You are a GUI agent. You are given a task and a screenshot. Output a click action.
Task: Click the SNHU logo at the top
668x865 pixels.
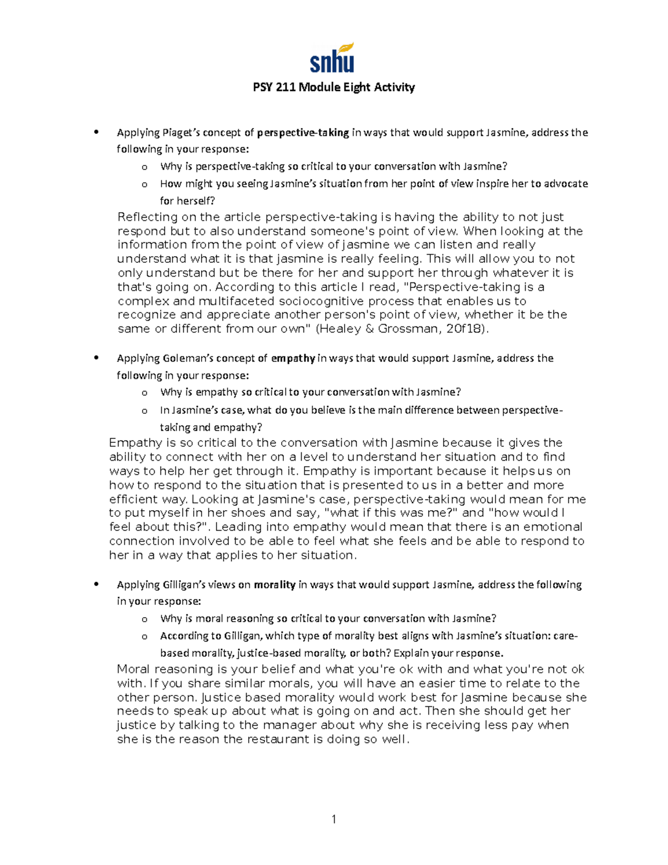tap(332, 58)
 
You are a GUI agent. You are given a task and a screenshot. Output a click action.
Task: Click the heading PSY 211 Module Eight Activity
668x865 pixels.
tap(333, 87)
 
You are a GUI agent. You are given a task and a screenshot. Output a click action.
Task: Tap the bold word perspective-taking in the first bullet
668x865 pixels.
tap(303, 133)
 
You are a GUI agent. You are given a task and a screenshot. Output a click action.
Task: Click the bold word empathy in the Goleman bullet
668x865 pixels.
tap(293, 358)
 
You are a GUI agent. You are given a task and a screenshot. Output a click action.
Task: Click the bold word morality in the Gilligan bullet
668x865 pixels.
tap(274, 585)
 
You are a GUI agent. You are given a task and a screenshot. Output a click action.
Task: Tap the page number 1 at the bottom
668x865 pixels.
tap(333, 819)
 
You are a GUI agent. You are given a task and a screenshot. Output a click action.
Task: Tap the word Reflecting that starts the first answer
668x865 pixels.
tap(148, 217)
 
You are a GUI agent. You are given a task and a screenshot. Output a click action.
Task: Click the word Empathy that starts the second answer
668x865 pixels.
tap(135, 443)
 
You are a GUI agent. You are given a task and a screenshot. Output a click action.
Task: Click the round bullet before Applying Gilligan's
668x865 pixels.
tap(97, 584)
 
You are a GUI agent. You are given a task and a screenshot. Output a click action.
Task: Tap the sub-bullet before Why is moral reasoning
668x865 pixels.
tap(145, 619)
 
